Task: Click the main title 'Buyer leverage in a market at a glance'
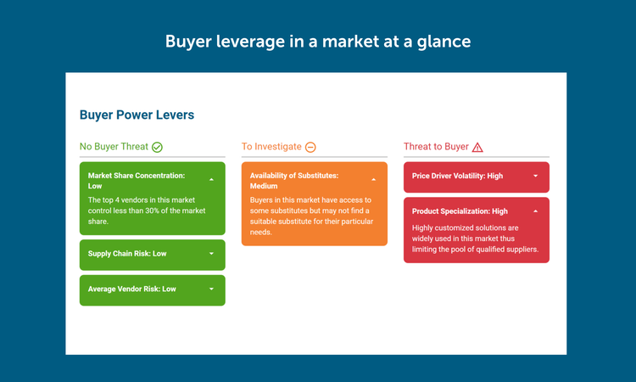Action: click(318, 42)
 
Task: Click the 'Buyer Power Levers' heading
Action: click(137, 115)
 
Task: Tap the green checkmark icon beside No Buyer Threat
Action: click(157, 147)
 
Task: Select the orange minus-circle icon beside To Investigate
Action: click(310, 147)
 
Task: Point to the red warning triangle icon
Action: click(477, 147)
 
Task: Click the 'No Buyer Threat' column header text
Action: click(114, 147)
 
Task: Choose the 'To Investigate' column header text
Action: click(271, 147)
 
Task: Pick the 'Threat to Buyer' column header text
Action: click(436, 147)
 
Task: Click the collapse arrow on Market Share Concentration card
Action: click(211, 179)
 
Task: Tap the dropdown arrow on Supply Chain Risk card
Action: click(211, 254)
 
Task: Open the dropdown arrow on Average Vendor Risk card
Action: click(211, 289)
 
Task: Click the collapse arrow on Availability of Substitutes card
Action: click(374, 179)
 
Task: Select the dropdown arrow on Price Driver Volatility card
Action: click(535, 176)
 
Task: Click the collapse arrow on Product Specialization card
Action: click(535, 211)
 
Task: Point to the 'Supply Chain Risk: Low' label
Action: click(127, 254)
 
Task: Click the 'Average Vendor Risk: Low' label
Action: click(131, 289)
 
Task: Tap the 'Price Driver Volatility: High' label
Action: click(457, 176)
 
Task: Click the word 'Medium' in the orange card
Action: click(264, 186)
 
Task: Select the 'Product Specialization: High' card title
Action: click(460, 211)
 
